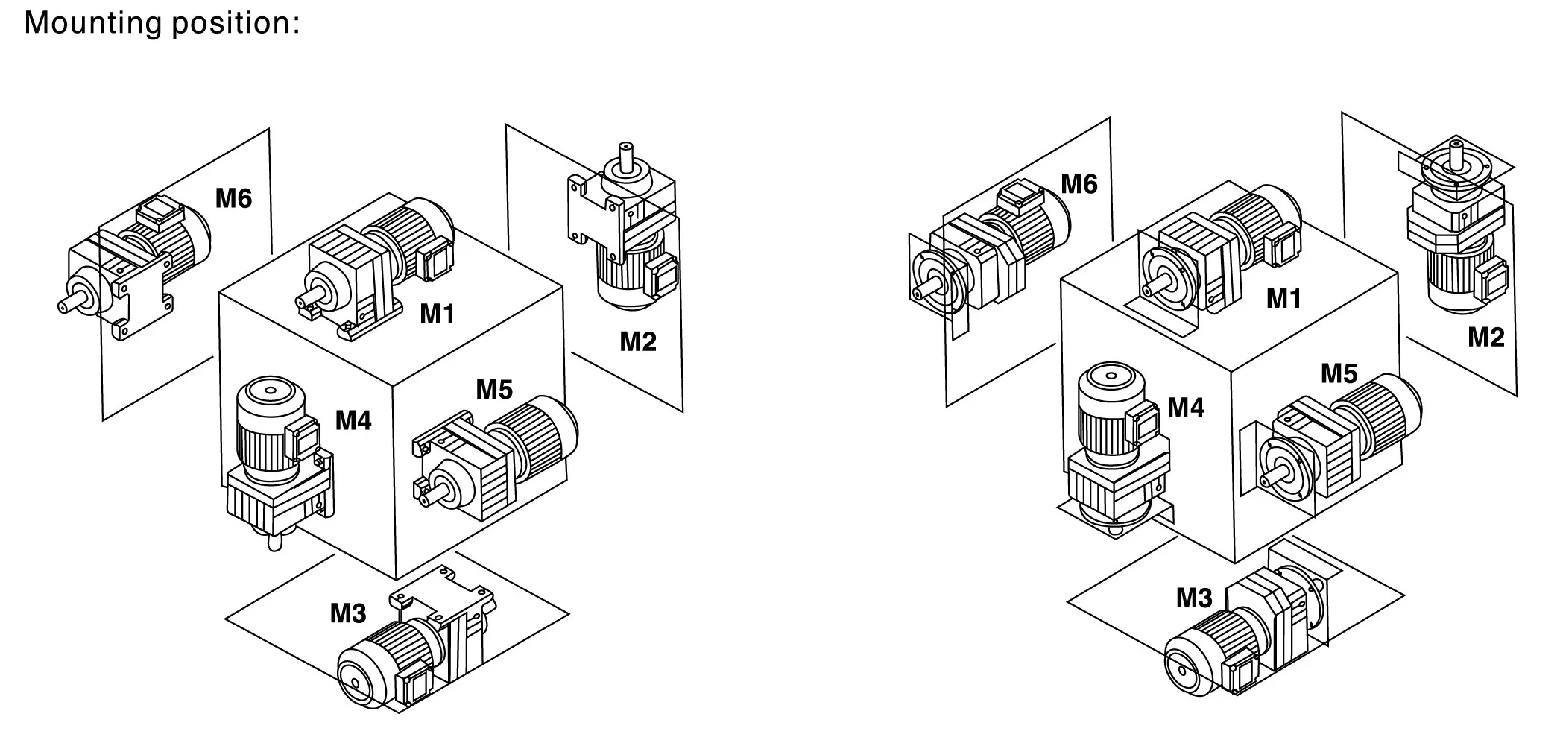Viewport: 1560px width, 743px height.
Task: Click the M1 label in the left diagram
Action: [437, 314]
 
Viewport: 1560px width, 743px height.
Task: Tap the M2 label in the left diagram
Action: [638, 341]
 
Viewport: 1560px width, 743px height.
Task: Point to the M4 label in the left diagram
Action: [353, 420]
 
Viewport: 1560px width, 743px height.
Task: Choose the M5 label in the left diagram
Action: [494, 388]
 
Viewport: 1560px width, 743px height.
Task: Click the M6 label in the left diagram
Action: [233, 197]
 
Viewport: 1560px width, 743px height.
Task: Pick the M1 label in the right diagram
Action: [1283, 299]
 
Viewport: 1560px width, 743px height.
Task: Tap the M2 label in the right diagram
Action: [1486, 338]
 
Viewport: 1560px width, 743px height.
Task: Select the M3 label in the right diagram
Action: [1194, 598]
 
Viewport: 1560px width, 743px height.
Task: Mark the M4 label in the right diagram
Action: [1186, 407]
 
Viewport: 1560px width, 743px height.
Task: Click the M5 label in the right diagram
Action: [1339, 373]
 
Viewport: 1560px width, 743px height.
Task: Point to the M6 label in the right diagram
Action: [1079, 183]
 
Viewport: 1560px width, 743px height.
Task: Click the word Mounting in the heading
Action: [92, 22]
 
